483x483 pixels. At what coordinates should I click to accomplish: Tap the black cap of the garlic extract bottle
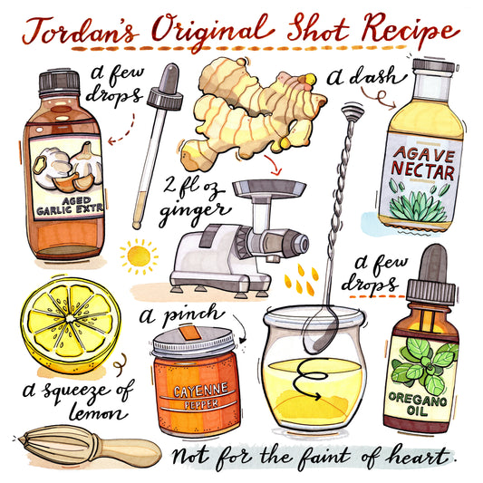click(x=59, y=82)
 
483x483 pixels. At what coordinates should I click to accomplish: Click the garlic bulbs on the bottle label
click(x=68, y=167)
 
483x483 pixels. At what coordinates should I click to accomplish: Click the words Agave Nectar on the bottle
click(x=423, y=163)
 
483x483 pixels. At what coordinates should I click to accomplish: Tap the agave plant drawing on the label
click(x=418, y=206)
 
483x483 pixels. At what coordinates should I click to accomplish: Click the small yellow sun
click(x=139, y=256)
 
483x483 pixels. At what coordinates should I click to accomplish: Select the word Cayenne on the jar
click(x=201, y=391)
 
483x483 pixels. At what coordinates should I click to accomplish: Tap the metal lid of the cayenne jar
click(x=194, y=342)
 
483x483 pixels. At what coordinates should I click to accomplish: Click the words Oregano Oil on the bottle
click(x=418, y=404)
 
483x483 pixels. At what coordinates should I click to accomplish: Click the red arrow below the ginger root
click(x=274, y=165)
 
